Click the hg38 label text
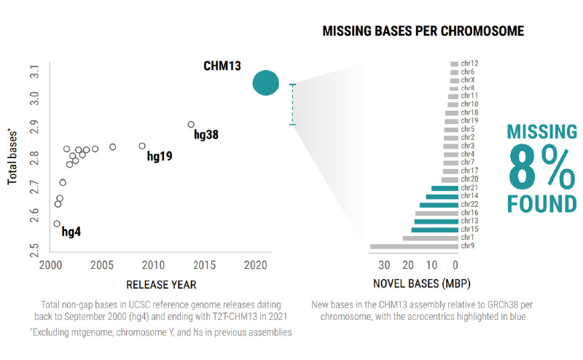pos(206,135)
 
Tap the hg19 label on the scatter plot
pos(160,156)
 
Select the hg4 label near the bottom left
pos(71,232)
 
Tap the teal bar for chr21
pos(445,189)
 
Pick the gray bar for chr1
pos(430,238)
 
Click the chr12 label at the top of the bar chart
pos(469,64)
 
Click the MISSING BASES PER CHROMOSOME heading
pos(423,32)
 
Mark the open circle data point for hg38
pos(191,125)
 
